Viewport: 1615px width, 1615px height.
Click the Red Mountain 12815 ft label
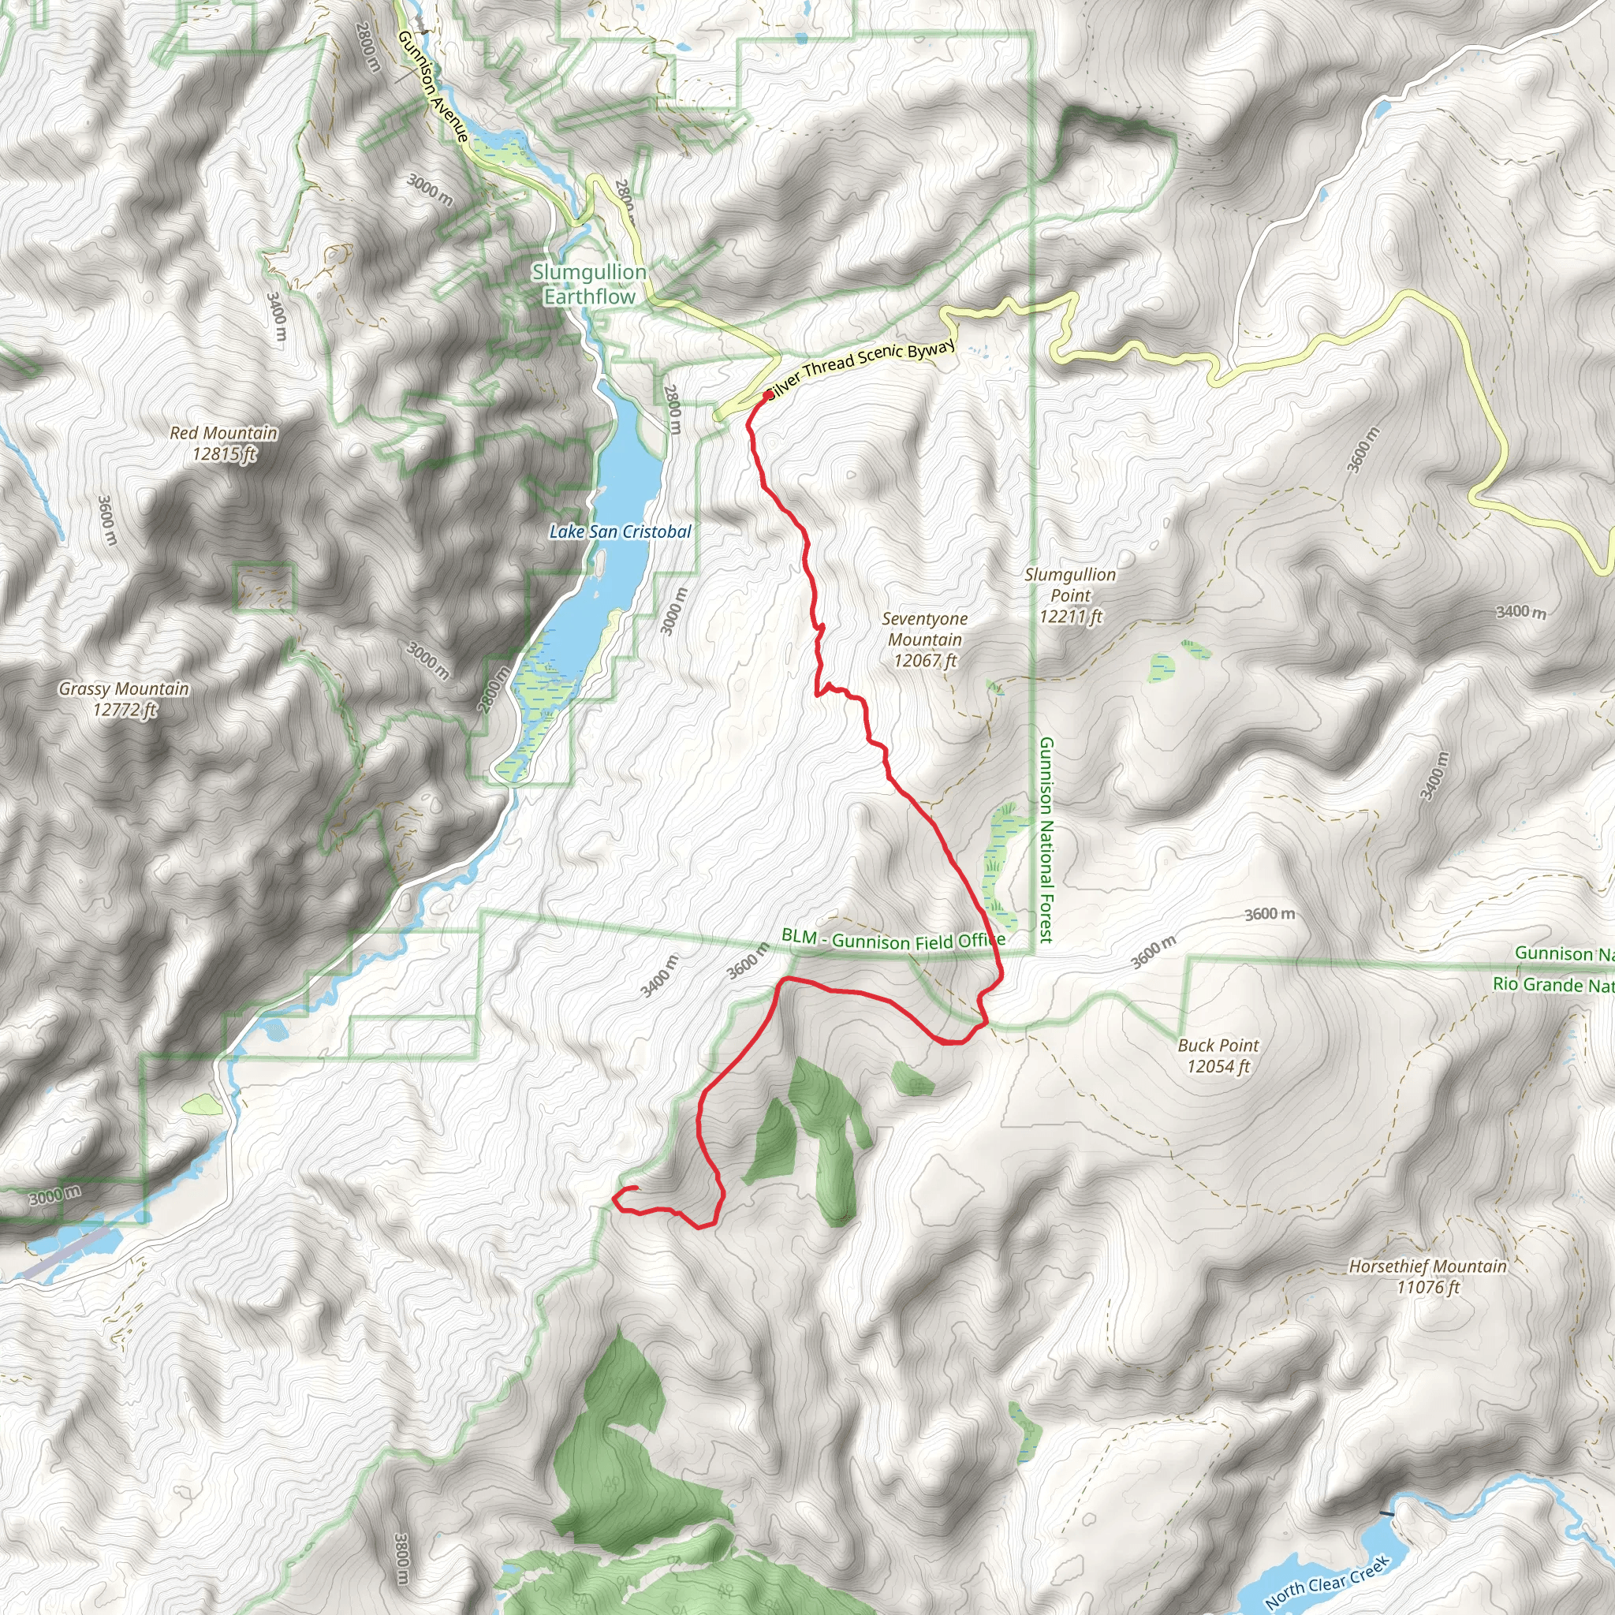(x=223, y=443)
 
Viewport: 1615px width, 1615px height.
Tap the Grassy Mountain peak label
(x=124, y=699)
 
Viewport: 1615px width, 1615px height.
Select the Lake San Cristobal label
(x=621, y=531)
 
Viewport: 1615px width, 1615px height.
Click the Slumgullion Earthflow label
(x=589, y=284)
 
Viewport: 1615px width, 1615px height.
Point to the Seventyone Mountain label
(x=924, y=640)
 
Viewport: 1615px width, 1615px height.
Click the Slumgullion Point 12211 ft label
(x=1070, y=595)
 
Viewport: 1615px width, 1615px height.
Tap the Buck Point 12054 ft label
(x=1218, y=1055)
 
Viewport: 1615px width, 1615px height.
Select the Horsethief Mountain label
(x=1428, y=1277)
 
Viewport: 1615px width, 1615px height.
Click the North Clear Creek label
(x=1326, y=1582)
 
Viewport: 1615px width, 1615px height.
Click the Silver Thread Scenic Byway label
(x=861, y=366)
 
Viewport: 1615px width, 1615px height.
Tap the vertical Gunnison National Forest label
(x=1046, y=839)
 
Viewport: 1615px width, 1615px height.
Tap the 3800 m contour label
(x=402, y=1558)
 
